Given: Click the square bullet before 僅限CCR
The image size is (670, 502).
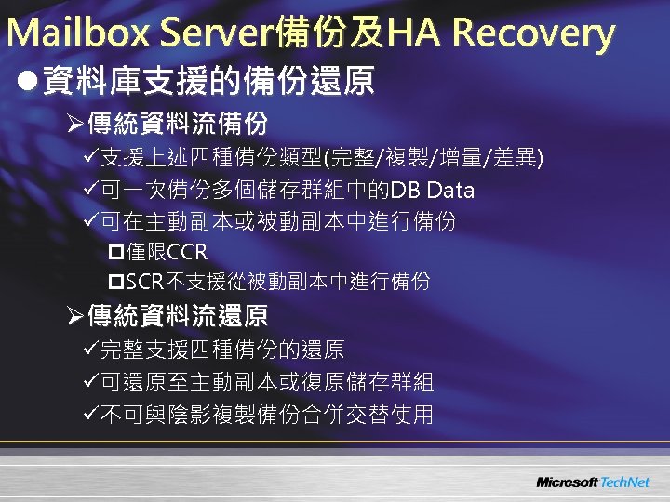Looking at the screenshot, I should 116,252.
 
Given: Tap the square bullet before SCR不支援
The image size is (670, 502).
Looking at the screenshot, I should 116,282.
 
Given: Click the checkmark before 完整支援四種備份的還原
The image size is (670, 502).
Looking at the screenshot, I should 90,350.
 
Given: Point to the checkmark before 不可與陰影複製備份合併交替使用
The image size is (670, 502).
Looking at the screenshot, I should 90,415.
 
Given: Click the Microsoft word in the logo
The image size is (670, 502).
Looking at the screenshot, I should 566,482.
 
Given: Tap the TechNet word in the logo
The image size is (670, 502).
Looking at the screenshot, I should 624,482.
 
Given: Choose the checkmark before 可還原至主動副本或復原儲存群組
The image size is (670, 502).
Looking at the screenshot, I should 90,382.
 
